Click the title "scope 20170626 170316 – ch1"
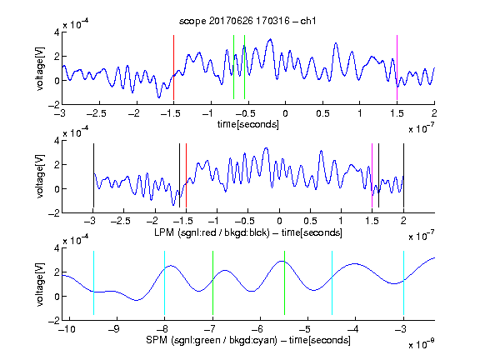click(x=247, y=21)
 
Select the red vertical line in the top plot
click(x=173, y=67)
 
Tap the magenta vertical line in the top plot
click(x=397, y=67)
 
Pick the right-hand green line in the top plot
click(x=245, y=67)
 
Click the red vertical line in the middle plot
click(x=186, y=175)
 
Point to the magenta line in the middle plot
click(x=372, y=175)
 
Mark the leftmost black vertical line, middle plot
click(x=93, y=175)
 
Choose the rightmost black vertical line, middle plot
click(x=404, y=175)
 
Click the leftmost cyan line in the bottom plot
click(x=93, y=282)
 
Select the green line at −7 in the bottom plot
click(x=212, y=282)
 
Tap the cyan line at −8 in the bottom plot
click(x=165, y=282)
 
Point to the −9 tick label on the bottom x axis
click(x=114, y=329)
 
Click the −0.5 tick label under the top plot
click(x=245, y=113)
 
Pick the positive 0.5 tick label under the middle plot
click(x=310, y=221)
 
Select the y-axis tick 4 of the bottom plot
click(x=57, y=248)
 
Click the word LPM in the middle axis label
click(x=164, y=232)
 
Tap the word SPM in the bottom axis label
click(x=157, y=340)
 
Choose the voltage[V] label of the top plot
click(x=40, y=68)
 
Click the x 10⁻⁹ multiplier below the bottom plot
click(x=421, y=344)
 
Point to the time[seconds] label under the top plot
click(x=248, y=124)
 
